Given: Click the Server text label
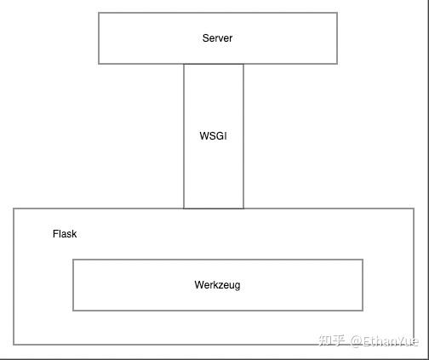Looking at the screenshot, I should [x=217, y=38].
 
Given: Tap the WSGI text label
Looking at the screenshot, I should [x=213, y=136].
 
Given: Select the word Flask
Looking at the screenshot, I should [x=65, y=234].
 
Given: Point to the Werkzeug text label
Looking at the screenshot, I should [x=217, y=285].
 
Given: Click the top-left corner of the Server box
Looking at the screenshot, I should [x=99, y=13].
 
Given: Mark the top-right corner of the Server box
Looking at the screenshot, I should [x=337, y=13].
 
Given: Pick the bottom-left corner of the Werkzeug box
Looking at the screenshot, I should [x=73, y=311].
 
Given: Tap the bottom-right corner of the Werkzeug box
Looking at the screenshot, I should [x=363, y=311].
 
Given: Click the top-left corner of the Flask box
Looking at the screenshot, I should [x=14, y=209].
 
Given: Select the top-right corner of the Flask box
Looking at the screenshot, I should [x=415, y=209].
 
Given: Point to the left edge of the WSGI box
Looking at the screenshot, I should [x=184, y=136].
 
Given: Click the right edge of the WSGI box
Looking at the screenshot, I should [x=243, y=136].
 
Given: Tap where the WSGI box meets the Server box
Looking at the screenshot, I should [x=214, y=64].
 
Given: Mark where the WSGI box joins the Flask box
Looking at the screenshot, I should [x=214, y=209].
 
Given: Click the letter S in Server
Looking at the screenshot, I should [x=205, y=38].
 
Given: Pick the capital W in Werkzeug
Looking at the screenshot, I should [x=198, y=285].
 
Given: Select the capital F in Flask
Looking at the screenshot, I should [x=55, y=234].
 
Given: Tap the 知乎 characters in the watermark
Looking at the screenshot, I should [x=330, y=340].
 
